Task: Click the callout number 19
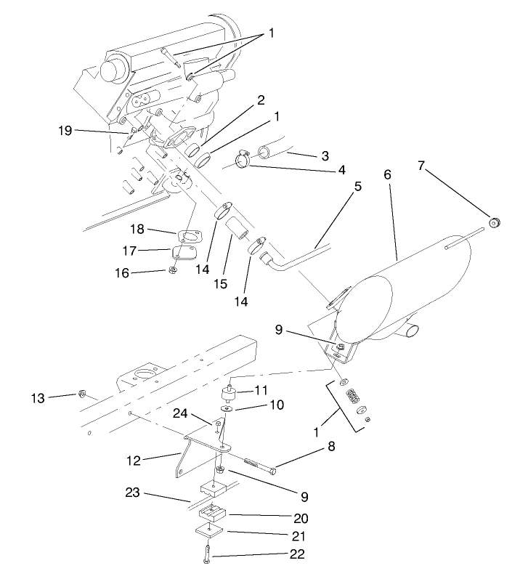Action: [x=66, y=130]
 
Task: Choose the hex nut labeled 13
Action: [x=84, y=394]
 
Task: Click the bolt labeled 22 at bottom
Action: [x=208, y=552]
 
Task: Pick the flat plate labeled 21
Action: [x=210, y=531]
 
